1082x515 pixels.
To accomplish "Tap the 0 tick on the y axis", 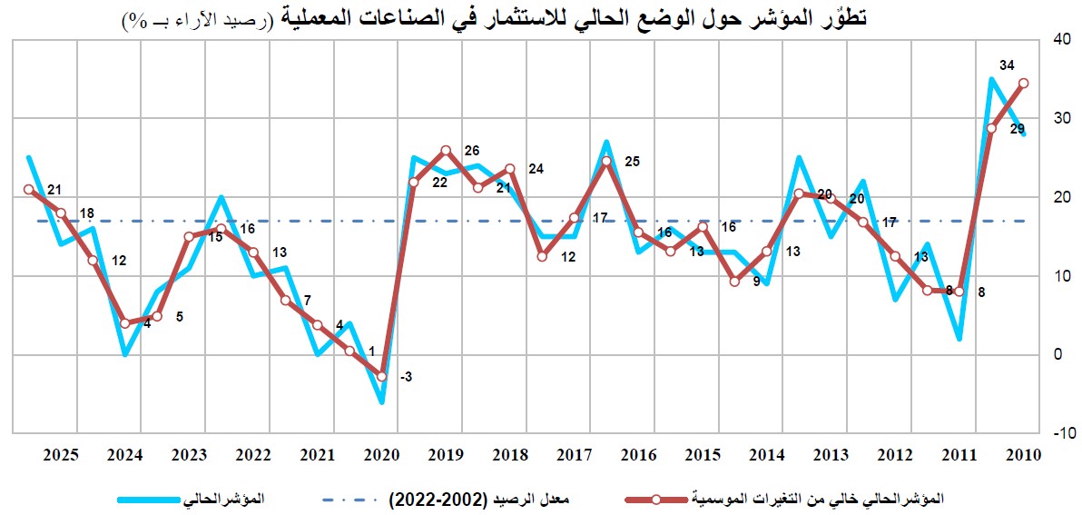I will click(x=1056, y=354).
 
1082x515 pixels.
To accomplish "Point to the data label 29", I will click(x=1017, y=129).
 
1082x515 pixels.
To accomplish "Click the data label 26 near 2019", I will click(x=471, y=151).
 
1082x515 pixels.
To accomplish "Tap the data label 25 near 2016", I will click(x=632, y=162).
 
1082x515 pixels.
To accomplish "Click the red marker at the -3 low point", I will click(x=382, y=376).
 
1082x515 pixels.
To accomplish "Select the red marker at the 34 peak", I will click(x=1024, y=83).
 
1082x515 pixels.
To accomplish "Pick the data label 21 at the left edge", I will click(x=54, y=189).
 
